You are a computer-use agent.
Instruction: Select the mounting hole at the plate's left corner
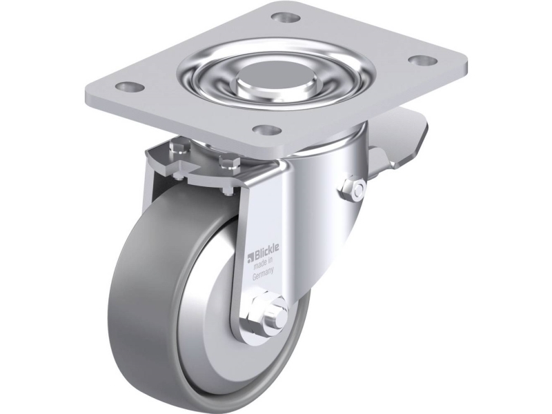(129, 86)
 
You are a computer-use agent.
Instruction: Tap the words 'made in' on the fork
(264, 262)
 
